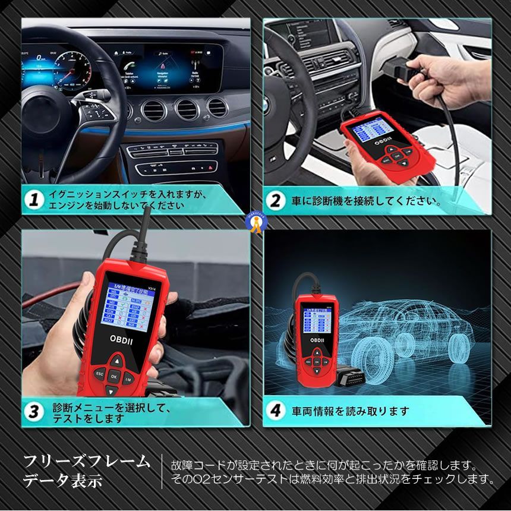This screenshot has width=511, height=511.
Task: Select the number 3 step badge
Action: pyautogui.click(x=34, y=411)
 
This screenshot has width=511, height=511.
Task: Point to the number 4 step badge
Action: pyautogui.click(x=275, y=411)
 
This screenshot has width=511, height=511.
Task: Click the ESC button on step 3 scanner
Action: pyautogui.click(x=100, y=373)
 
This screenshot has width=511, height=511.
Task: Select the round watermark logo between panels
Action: pyautogui.click(x=256, y=221)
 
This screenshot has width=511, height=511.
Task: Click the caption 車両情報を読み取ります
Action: pyautogui.click(x=350, y=411)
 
